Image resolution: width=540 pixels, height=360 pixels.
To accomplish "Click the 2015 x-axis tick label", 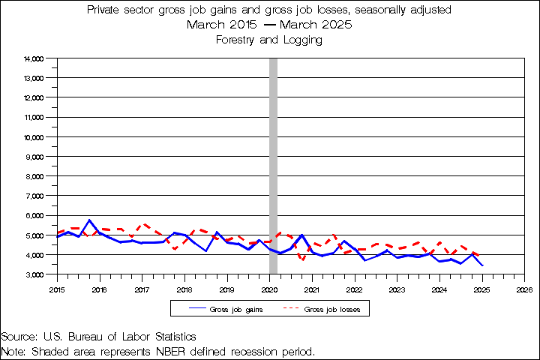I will (57, 288).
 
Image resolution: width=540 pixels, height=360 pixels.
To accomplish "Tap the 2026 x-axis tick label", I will (524, 288).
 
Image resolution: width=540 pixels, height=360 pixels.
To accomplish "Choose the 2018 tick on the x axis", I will (184, 288).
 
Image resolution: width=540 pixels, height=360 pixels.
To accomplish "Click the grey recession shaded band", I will (274, 165).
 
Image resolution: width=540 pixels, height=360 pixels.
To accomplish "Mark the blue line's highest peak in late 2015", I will (89, 220).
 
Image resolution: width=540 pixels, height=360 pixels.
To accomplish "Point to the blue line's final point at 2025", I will (482, 265).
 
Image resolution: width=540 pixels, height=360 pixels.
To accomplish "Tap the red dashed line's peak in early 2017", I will (144, 223).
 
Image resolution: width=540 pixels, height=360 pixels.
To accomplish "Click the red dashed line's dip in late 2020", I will (302, 259).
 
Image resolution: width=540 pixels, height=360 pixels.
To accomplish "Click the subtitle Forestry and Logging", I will (269, 40).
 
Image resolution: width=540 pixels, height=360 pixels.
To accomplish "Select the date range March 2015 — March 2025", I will (269, 25).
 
